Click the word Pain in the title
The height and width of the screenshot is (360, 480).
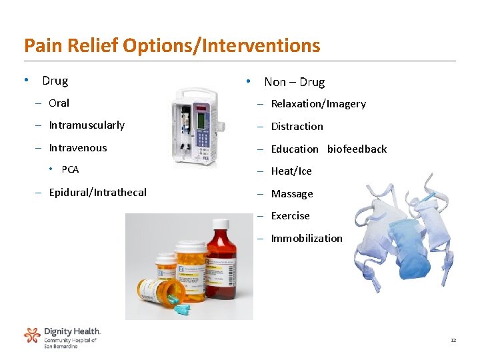pos(39,45)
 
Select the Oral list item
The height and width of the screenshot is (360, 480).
pos(59,103)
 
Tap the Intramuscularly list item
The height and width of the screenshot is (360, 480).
pos(87,125)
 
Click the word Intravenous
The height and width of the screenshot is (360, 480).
pos(77,148)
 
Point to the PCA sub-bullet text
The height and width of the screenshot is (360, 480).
pos(70,169)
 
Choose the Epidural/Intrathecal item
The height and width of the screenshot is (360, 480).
pos(97,193)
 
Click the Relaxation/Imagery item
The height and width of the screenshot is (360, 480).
pos(318,104)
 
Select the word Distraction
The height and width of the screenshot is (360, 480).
pos(297,127)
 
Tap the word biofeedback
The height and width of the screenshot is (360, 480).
pos(357,149)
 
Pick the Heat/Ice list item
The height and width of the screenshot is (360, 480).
pos(291,171)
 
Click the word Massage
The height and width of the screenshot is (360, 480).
pos(292,194)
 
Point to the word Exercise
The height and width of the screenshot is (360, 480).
pos(290,216)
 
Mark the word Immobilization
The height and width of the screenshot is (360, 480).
pos(307,239)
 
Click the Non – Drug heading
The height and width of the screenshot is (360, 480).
pos(294,83)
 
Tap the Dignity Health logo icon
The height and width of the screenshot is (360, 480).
pos(32,335)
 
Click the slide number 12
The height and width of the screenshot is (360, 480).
pos(453,341)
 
